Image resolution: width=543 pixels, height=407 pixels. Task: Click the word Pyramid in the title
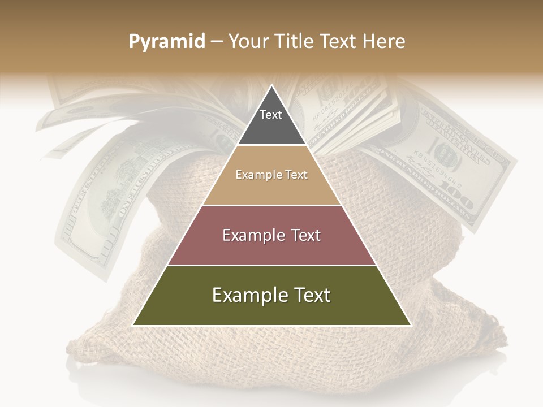click(167, 42)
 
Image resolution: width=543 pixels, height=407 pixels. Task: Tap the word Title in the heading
click(295, 42)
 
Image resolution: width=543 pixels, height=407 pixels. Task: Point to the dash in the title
click(216, 42)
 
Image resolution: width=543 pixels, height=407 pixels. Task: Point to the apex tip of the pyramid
click(271, 86)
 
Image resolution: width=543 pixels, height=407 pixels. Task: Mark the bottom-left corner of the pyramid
click(134, 324)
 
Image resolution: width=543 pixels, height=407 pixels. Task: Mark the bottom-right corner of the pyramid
click(410, 324)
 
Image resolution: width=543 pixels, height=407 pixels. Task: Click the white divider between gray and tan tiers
click(271, 145)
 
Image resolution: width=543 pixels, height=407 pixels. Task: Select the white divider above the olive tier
click(271, 265)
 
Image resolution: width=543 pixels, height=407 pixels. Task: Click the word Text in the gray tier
click(271, 115)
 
